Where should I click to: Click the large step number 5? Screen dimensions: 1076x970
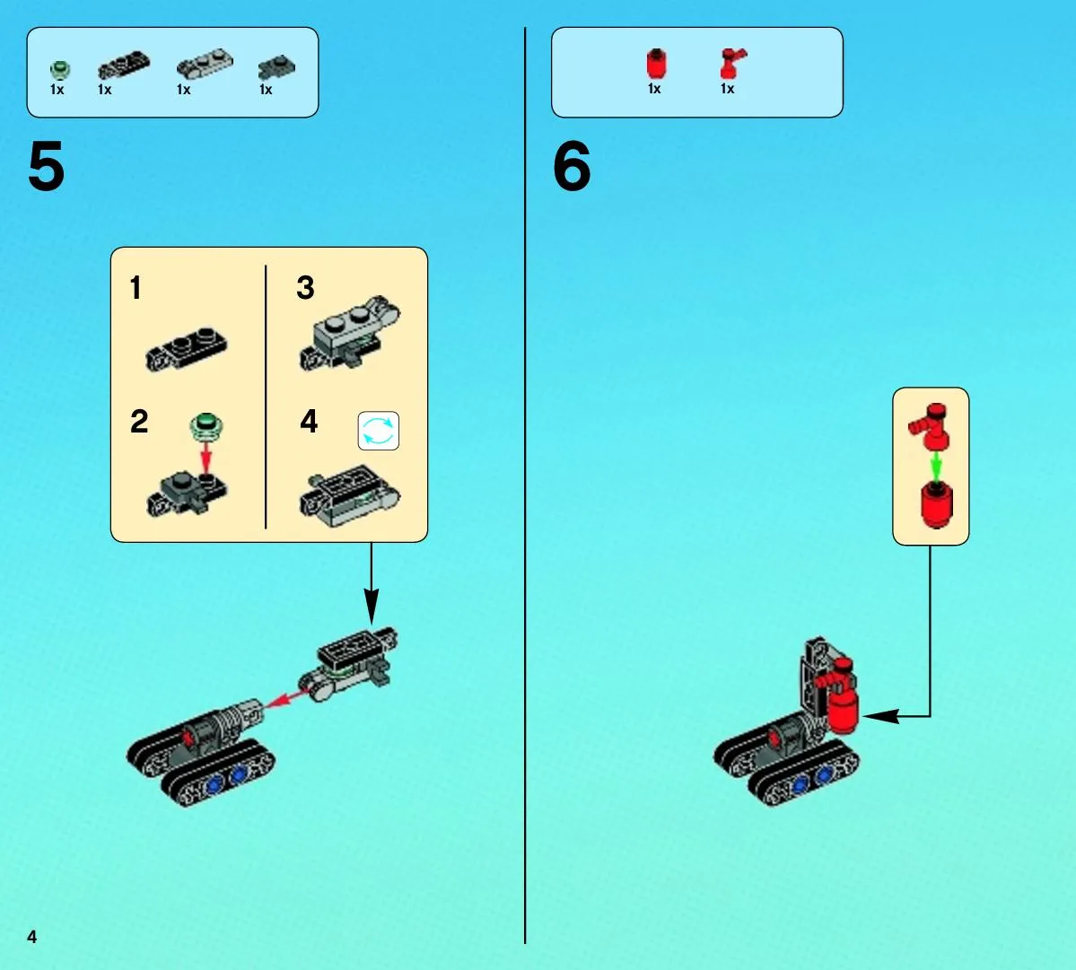point(47,166)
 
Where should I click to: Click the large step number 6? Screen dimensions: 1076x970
point(572,166)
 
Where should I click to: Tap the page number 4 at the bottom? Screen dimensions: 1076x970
point(31,937)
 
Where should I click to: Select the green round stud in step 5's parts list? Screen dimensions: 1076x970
point(60,69)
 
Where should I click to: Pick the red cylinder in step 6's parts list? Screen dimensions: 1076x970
point(657,64)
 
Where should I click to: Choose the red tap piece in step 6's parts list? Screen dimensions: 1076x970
point(732,64)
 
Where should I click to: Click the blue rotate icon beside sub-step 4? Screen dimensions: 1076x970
point(378,431)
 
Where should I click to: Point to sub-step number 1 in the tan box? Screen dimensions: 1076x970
point(136,287)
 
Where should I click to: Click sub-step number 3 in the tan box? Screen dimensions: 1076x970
point(305,287)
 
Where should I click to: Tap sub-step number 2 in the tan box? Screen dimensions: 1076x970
point(139,421)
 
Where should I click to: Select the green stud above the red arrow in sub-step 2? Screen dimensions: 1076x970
point(206,425)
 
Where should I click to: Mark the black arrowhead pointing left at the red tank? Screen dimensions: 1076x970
point(881,716)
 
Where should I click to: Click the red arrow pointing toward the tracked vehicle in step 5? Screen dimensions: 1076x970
point(287,698)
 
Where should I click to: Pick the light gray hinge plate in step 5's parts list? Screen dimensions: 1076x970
point(205,64)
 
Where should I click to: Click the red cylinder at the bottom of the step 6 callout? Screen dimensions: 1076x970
point(936,504)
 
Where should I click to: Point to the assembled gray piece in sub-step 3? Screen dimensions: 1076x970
point(350,334)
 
